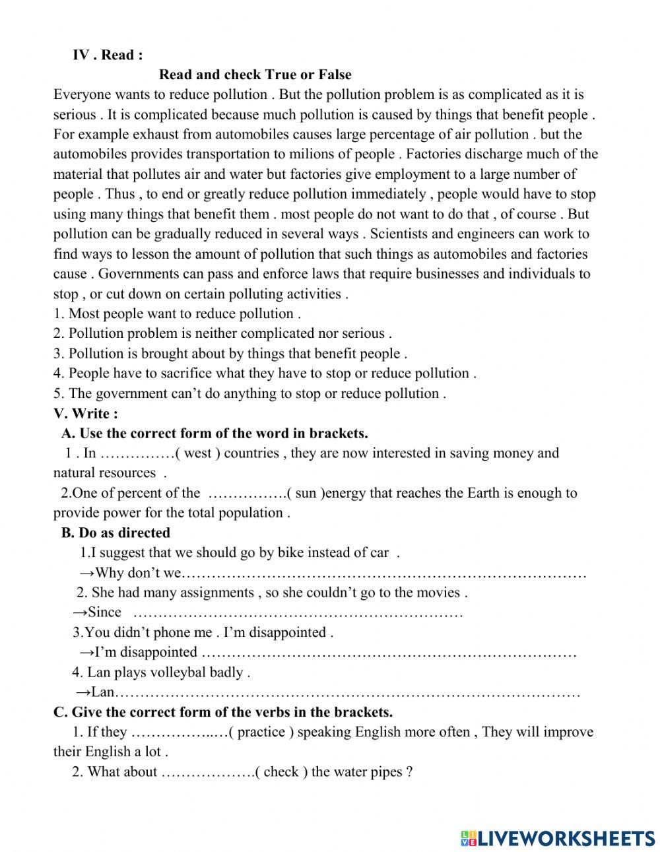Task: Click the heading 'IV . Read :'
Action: (107, 55)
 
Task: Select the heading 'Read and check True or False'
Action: (255, 75)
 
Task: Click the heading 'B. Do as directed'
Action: (115, 533)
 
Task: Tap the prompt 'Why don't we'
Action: (137, 573)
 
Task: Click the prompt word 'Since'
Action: (104, 612)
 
